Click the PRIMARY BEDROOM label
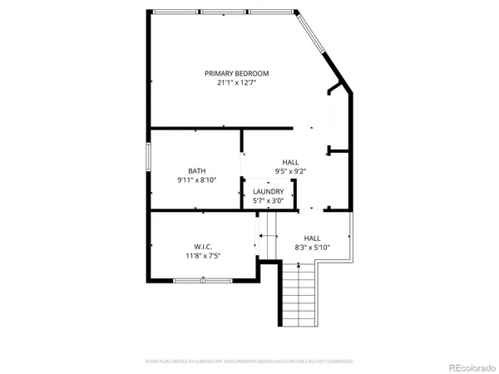click(x=237, y=73)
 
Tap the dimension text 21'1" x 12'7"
click(x=237, y=82)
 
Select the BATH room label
click(x=196, y=171)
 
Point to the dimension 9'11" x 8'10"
click(x=196, y=180)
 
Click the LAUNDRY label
click(x=269, y=191)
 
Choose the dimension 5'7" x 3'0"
click(x=269, y=200)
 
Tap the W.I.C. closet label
click(x=203, y=247)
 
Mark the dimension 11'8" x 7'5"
click(x=203, y=256)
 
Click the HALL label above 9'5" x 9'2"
click(x=290, y=162)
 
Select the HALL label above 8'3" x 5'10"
click(x=312, y=237)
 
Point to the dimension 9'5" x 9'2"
click(x=290, y=171)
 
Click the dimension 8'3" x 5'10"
click(x=312, y=247)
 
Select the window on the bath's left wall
click(x=149, y=157)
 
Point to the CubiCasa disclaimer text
click(x=249, y=362)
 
